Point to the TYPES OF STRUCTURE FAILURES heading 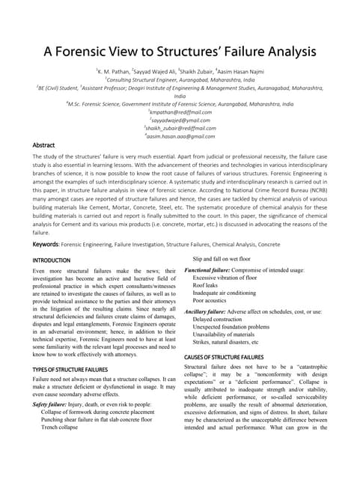point(70,370)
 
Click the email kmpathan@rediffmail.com point(180,112)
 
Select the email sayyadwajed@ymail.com point(180,120)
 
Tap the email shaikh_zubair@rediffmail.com point(180,128)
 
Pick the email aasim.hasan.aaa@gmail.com point(180,136)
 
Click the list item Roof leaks point(207,286)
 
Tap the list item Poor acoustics point(213,302)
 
